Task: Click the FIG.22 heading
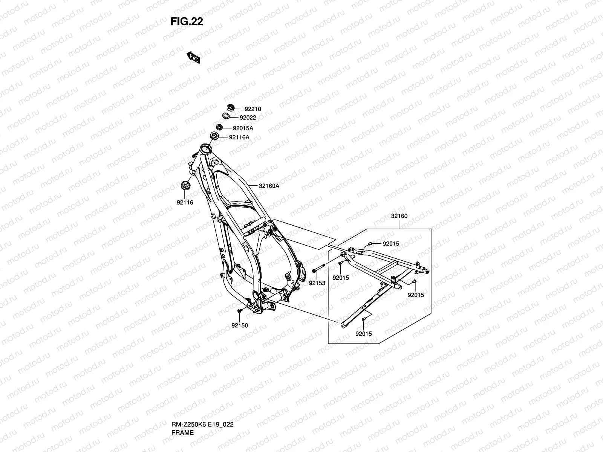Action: tap(187, 21)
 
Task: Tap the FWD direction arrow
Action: tap(194, 57)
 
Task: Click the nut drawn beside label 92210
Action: tap(231, 108)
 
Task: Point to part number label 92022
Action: tap(248, 118)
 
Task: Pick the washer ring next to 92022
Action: tap(226, 116)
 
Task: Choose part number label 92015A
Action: tap(243, 128)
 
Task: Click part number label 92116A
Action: tap(239, 137)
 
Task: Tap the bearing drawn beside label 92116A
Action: tap(215, 136)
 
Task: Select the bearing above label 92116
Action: tap(185, 185)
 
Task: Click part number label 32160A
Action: tap(269, 186)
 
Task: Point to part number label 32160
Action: tap(399, 216)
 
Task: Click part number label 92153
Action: tap(317, 282)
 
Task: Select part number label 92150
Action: tap(240, 325)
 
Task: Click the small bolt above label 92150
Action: tap(240, 311)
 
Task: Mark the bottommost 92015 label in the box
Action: tap(363, 334)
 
